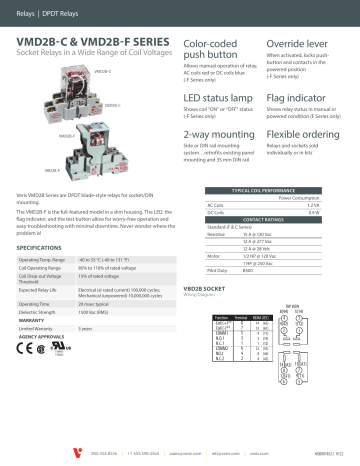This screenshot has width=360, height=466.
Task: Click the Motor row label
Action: click(x=200, y=253)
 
